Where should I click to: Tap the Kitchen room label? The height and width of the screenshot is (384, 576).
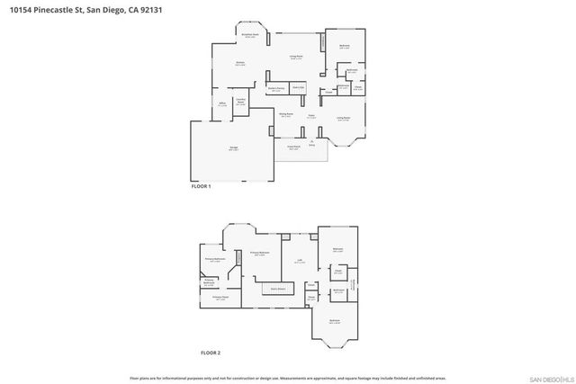click(240, 65)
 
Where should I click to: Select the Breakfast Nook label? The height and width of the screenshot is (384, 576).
click(252, 35)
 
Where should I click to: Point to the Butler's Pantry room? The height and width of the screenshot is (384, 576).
click(277, 89)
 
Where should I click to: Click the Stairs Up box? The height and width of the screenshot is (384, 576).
click(298, 88)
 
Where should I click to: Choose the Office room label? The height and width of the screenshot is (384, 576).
click(220, 105)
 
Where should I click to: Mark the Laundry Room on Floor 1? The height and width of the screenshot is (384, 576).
click(240, 103)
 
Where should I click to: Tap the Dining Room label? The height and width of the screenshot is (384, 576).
click(285, 115)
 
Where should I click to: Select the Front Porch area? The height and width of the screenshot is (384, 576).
click(293, 148)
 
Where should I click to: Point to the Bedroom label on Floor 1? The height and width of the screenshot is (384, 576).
click(344, 46)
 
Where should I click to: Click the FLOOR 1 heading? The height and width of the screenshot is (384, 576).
click(201, 186)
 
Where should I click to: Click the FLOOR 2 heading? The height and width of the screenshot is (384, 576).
click(210, 353)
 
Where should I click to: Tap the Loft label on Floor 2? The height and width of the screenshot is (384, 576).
click(297, 262)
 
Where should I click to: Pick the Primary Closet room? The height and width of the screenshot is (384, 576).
click(219, 298)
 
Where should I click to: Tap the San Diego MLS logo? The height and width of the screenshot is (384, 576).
click(547, 378)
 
